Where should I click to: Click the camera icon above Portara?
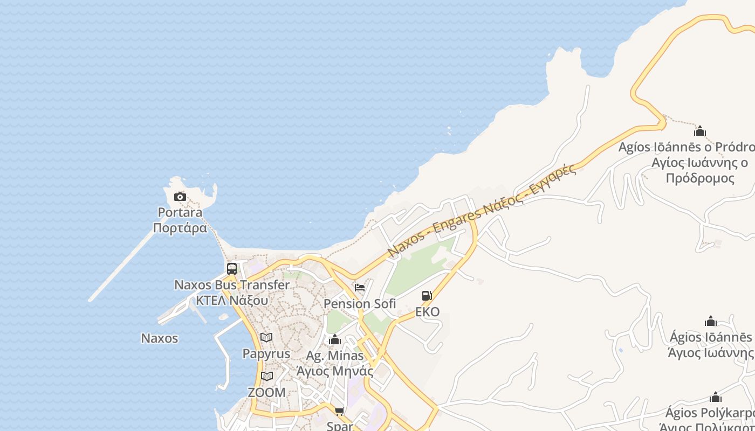pyautogui.click(x=180, y=197)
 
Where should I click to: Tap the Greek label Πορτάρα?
pyautogui.click(x=180, y=228)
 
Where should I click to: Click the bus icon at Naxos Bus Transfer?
pyautogui.click(x=232, y=268)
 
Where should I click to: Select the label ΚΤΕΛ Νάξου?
pyautogui.click(x=231, y=300)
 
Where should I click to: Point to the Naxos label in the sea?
pyautogui.click(x=159, y=338)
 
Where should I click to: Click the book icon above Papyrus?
pyautogui.click(x=266, y=338)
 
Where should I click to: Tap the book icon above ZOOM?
pyautogui.click(x=267, y=376)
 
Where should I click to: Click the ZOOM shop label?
pyautogui.click(x=266, y=393)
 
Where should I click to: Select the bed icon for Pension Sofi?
pyautogui.click(x=360, y=287)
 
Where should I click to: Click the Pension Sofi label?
pyautogui.click(x=360, y=304)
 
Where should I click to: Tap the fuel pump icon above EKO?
pyautogui.click(x=427, y=296)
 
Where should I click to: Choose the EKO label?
pyautogui.click(x=427, y=312)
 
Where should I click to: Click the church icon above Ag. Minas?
pyautogui.click(x=335, y=340)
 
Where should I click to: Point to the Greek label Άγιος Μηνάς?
pyautogui.click(x=335, y=371)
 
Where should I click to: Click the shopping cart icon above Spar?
pyautogui.click(x=339, y=412)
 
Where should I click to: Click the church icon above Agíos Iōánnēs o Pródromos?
pyautogui.click(x=700, y=131)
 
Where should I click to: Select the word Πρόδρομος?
pyautogui.click(x=700, y=178)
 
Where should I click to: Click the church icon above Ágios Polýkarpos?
pyautogui.click(x=716, y=398)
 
